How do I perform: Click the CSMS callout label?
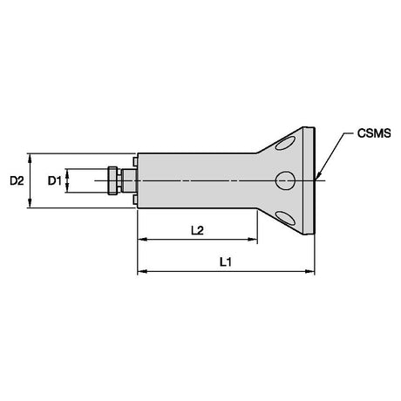(374, 133)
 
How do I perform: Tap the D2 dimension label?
(17, 180)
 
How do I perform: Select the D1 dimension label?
(54, 180)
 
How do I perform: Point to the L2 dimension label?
(197, 230)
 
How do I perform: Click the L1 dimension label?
(226, 262)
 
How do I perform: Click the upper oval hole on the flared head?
(285, 144)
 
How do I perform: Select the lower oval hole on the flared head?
(285, 218)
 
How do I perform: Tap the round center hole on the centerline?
(285, 180)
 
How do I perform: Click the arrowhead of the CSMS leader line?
(317, 176)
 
